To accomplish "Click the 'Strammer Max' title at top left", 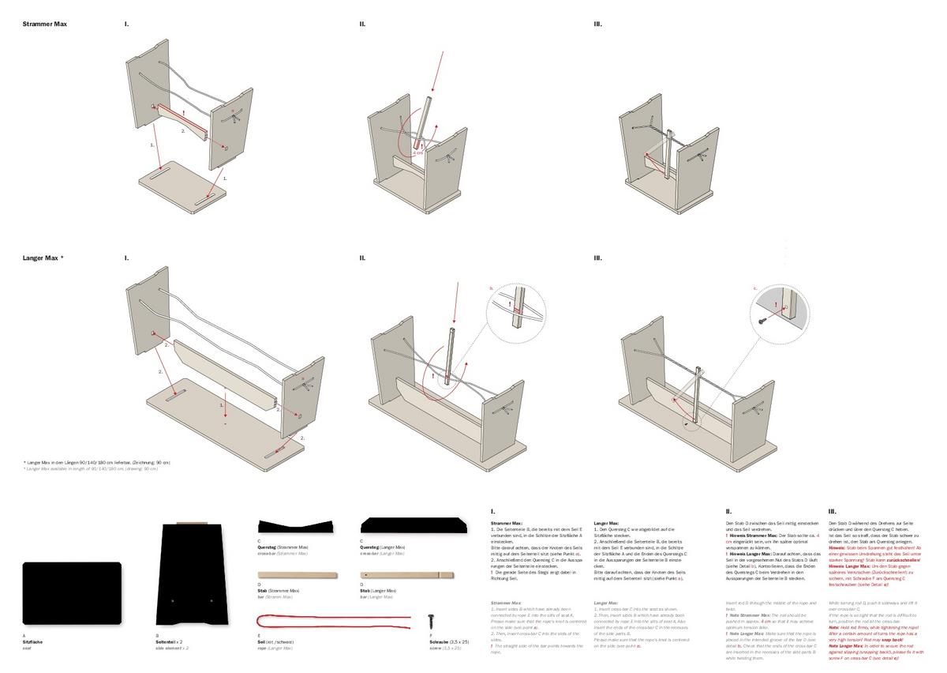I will [44, 24].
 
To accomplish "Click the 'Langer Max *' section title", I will [43, 258].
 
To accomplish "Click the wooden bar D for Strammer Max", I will [297, 576].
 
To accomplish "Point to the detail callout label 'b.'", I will [492, 289].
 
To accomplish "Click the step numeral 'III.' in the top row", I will [598, 24].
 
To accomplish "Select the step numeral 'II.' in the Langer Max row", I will [362, 258].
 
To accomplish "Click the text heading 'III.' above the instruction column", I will [832, 512].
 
